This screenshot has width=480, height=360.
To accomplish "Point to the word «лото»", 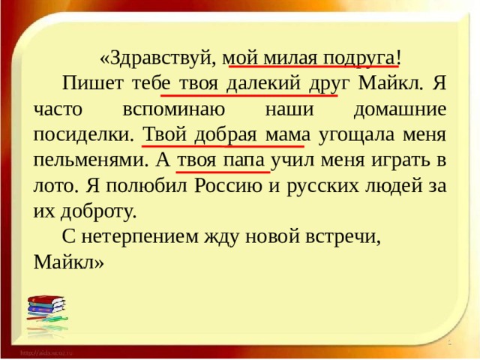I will pyautogui.click(x=52, y=187).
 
